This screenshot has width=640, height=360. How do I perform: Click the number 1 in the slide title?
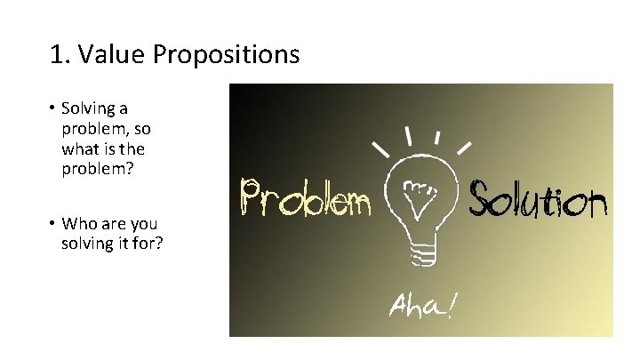click(57, 55)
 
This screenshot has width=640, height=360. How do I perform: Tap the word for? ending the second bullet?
click(147, 244)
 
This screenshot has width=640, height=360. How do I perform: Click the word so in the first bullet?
click(142, 128)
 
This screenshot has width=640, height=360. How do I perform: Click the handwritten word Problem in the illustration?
click(305, 198)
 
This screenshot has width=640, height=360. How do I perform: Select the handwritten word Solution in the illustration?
click(538, 198)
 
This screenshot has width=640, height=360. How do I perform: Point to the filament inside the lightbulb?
click(419, 188)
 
